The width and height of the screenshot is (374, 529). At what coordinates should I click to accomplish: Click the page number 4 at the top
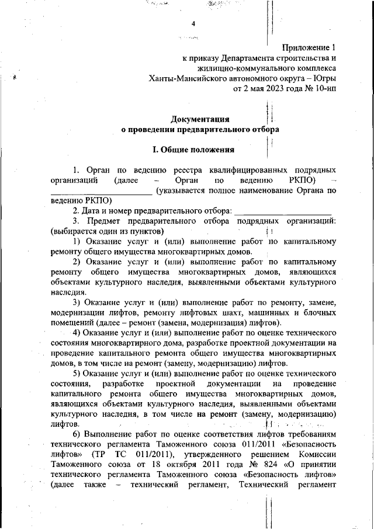193,23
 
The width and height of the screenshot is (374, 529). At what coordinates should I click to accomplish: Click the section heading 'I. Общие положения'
193,149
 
